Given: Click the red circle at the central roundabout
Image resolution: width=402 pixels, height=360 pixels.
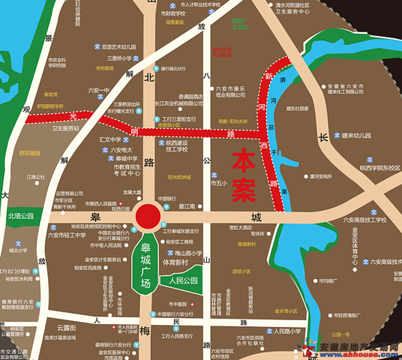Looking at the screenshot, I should (148, 216).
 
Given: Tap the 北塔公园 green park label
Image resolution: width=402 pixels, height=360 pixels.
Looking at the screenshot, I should (22, 216).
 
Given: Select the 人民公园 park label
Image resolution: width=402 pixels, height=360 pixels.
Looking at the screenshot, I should (182, 280).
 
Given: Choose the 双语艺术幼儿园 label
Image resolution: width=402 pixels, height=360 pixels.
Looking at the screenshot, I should (121, 46).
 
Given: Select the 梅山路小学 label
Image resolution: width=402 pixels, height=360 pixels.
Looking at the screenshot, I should (184, 253).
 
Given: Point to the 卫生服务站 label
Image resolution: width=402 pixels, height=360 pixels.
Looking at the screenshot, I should (66, 128).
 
